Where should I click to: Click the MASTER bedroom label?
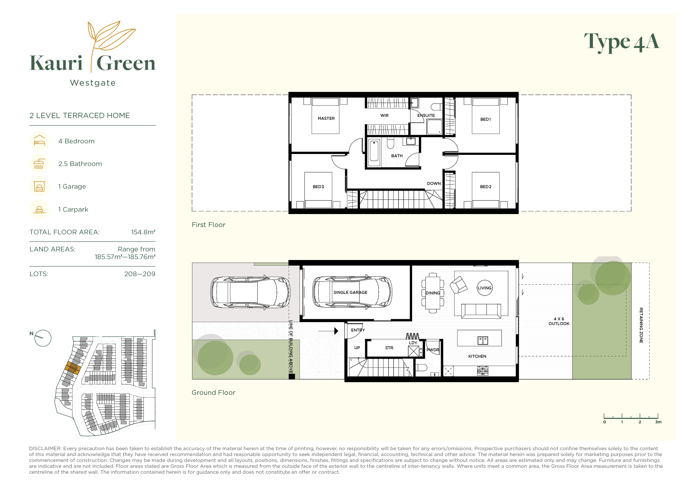pyautogui.click(x=326, y=118)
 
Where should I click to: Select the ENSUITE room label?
pyautogui.click(x=426, y=115)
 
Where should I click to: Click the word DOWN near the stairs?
pyautogui.click(x=434, y=183)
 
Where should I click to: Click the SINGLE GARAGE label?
pyautogui.click(x=350, y=292)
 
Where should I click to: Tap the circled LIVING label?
pyautogui.click(x=484, y=288)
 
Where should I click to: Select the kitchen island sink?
pyautogui.click(x=483, y=340)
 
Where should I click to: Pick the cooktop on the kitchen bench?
pyautogui.click(x=483, y=371)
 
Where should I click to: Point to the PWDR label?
pyautogui.click(x=432, y=350)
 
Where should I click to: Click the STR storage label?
pyautogui.click(x=389, y=347)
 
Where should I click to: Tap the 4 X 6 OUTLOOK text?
pyautogui.click(x=559, y=321)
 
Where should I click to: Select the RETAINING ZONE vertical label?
pyautogui.click(x=641, y=325)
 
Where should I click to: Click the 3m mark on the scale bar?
pyautogui.click(x=658, y=422)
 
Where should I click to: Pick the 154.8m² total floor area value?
pyautogui.click(x=143, y=232)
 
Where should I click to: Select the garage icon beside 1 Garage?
pyautogui.click(x=39, y=186)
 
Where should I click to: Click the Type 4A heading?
pyautogui.click(x=622, y=42)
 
